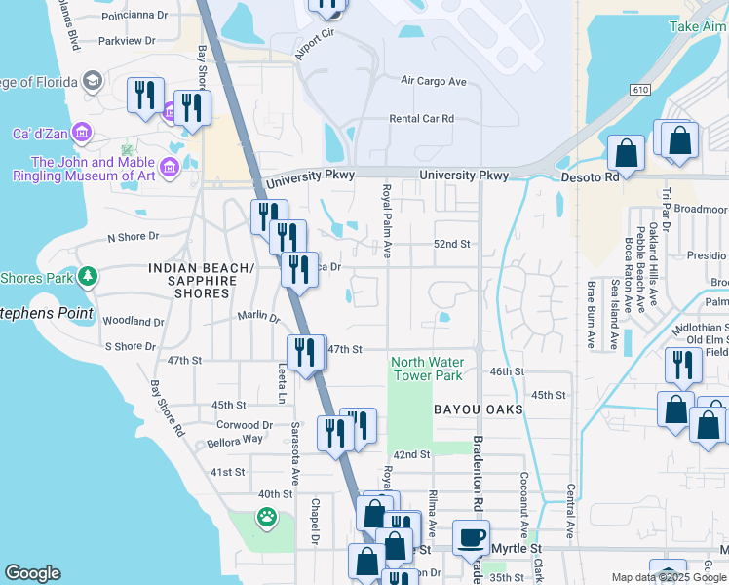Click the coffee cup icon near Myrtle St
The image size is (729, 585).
tap(472, 537)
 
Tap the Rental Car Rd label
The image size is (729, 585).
tap(421, 119)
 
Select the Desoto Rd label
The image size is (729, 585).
tap(590, 177)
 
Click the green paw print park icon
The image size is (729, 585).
tap(266, 517)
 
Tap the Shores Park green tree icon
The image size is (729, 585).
tap(88, 278)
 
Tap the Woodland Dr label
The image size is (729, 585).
tap(133, 321)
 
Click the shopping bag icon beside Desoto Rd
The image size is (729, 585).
tap(626, 153)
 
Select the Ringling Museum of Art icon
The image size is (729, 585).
tap(170, 169)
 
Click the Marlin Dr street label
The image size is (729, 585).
tap(258, 316)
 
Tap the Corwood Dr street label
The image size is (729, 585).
tap(245, 425)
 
